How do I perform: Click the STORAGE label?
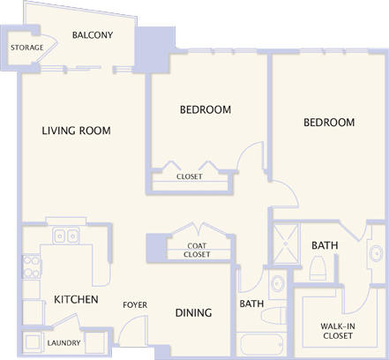click(27, 47)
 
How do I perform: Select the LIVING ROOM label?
click(76, 131)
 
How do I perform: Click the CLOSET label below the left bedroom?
click(190, 176)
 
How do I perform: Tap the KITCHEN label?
click(76, 300)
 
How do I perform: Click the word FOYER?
click(135, 305)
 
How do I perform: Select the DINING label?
click(192, 312)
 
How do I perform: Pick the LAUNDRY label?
click(64, 343)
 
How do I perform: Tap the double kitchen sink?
click(64, 236)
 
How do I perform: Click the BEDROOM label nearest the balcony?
click(206, 109)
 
